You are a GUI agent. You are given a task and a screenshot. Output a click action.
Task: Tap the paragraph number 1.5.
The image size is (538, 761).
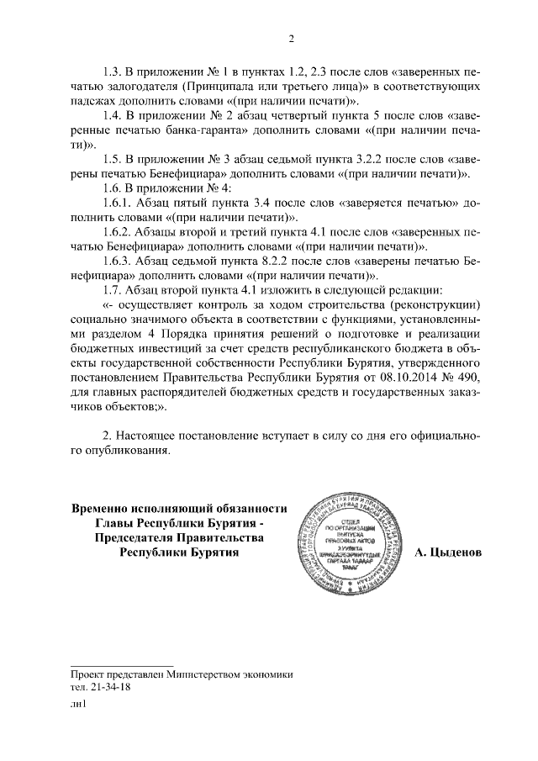tap(113, 159)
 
